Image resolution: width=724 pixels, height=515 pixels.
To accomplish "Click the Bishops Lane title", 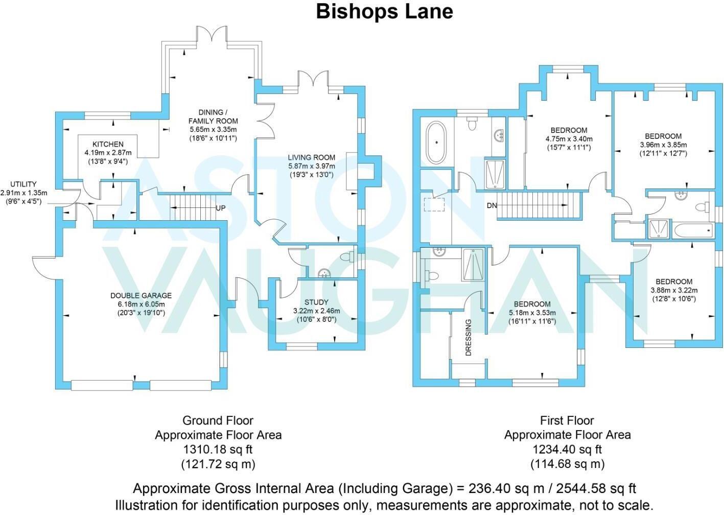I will [384, 11].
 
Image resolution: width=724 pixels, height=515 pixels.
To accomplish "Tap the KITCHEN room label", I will [108, 144].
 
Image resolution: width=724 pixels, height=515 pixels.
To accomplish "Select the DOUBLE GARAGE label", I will [141, 295].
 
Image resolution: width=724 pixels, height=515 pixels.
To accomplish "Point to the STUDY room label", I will [316, 302].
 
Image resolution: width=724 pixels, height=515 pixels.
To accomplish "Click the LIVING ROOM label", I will [311, 157].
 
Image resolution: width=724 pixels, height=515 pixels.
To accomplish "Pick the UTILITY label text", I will [24, 184].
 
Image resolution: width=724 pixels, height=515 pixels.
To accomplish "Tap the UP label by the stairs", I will [221, 208].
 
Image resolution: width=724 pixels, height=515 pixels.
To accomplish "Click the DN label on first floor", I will [492, 206].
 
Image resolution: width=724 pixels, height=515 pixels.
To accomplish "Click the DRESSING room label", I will [469, 337].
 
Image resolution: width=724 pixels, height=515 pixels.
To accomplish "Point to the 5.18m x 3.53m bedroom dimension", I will [532, 313].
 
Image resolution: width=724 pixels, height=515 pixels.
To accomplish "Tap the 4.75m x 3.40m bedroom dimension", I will [569, 139].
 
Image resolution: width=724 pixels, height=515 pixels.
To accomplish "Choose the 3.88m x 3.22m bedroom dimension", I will [674, 290].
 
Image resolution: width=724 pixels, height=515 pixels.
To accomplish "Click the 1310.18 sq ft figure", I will [218, 450].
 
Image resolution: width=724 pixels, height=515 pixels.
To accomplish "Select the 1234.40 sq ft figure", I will [567, 450].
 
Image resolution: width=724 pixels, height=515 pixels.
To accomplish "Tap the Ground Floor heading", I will [218, 420].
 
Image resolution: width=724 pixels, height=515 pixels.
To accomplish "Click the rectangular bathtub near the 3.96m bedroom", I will [693, 231].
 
